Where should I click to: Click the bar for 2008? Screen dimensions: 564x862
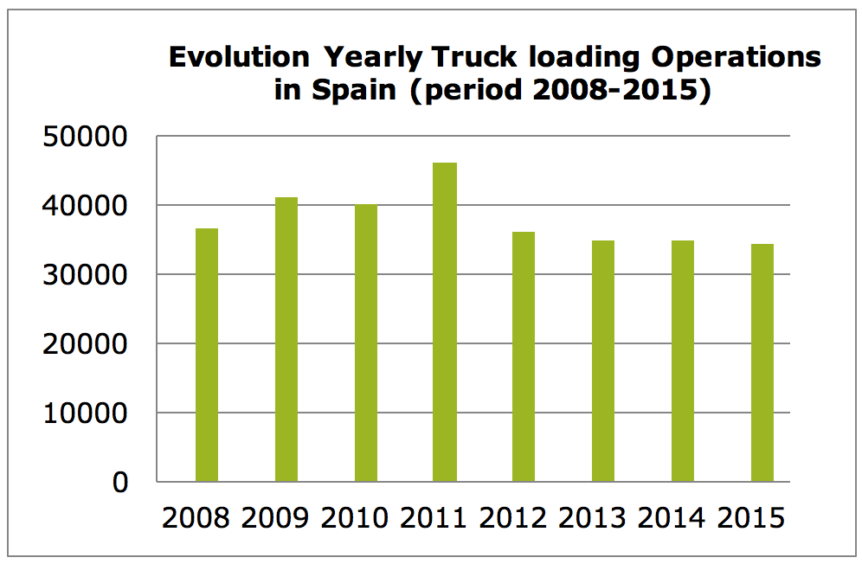pyautogui.click(x=207, y=355)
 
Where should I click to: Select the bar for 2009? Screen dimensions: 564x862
pyautogui.click(x=286, y=339)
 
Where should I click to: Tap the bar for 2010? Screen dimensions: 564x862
pyautogui.click(x=366, y=343)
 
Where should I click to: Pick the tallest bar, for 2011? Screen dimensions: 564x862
pyautogui.click(x=445, y=322)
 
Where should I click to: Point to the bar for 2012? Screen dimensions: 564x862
pyautogui.click(x=524, y=356)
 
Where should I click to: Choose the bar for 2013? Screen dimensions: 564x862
pyautogui.click(x=603, y=361)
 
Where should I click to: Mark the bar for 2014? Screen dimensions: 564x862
pyautogui.click(x=683, y=361)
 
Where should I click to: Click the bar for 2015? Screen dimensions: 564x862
pyautogui.click(x=762, y=362)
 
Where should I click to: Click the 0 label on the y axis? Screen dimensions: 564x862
pyautogui.click(x=119, y=482)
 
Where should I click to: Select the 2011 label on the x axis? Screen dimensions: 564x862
pyautogui.click(x=434, y=518)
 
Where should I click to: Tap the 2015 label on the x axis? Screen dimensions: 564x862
pyautogui.click(x=751, y=518)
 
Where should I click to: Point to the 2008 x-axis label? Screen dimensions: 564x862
pyautogui.click(x=196, y=518)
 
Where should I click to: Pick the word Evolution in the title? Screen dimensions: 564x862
pyautogui.click(x=239, y=58)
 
